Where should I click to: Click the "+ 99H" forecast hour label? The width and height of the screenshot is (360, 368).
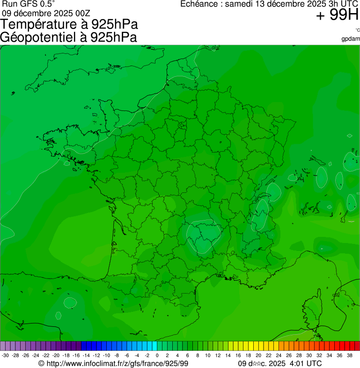[337, 15]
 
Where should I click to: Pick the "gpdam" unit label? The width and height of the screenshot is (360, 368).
[351, 38]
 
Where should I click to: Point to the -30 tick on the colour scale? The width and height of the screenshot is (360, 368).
[5, 355]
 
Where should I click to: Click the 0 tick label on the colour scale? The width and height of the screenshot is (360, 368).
[157, 355]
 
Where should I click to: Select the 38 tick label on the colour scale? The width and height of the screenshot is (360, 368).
[350, 355]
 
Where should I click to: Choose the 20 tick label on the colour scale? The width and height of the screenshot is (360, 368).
[258, 355]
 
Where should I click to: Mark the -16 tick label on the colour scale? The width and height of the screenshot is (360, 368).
[76, 355]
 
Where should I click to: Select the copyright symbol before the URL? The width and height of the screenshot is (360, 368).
[41, 363]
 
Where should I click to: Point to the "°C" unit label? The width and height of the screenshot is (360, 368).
[357, 30]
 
